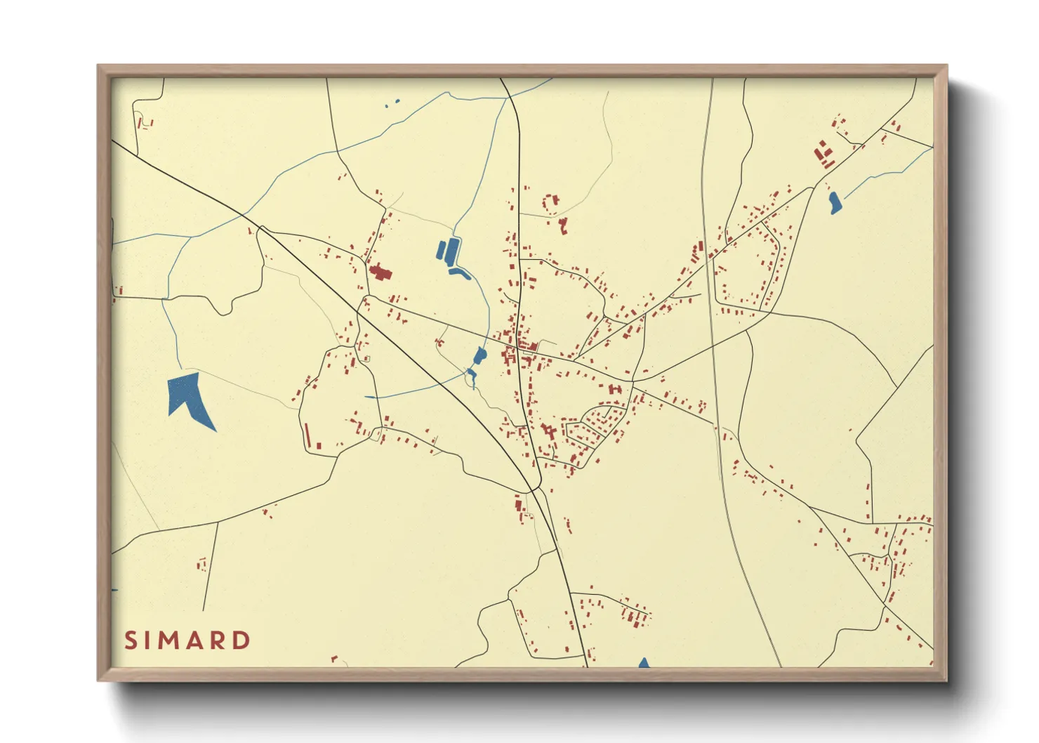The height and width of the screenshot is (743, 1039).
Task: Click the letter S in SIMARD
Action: click(x=131, y=640)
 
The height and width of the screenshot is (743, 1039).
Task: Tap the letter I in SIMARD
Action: click(x=147, y=640)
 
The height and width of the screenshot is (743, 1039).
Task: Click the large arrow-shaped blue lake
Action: click(x=189, y=399)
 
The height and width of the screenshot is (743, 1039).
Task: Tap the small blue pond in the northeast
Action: click(x=835, y=202)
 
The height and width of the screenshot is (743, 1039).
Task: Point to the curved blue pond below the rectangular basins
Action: click(x=460, y=272)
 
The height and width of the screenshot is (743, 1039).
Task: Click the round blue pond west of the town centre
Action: click(x=480, y=355)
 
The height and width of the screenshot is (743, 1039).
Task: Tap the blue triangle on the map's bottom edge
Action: click(x=644, y=663)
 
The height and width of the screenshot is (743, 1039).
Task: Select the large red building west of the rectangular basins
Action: click(x=380, y=272)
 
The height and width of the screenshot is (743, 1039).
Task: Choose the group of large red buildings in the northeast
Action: click(x=823, y=153)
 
